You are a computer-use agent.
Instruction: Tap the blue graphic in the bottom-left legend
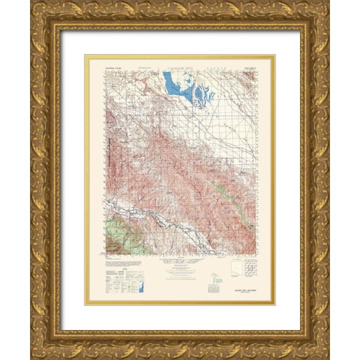click(142, 284)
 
